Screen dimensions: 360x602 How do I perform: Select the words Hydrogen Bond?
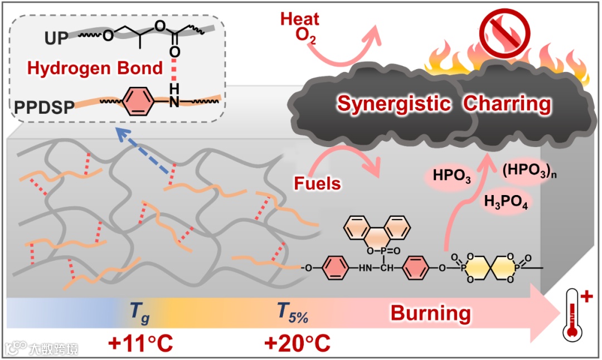95,69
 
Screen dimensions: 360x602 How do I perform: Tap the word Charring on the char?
507,104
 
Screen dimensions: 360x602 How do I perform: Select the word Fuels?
317,182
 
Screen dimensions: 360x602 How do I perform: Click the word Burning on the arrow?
430,313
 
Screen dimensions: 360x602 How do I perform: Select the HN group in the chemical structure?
365,268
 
